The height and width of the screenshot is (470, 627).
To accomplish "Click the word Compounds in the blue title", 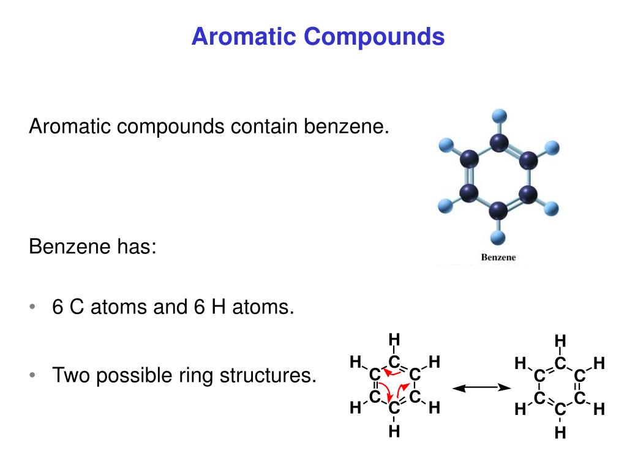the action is pos(374,37).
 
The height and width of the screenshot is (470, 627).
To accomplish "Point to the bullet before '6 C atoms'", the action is pos(32,307).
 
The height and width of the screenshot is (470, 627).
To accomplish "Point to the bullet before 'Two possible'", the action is pos(32,375).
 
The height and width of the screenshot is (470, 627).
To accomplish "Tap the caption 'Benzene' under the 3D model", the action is pos(499,258).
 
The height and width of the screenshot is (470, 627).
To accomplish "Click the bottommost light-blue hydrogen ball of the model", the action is pos(498,237).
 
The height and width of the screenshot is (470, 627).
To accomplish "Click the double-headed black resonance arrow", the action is pos(481,387).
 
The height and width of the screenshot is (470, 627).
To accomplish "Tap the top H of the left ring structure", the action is pos(394,339).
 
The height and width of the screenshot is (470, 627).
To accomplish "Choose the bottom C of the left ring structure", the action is pos(394,407).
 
